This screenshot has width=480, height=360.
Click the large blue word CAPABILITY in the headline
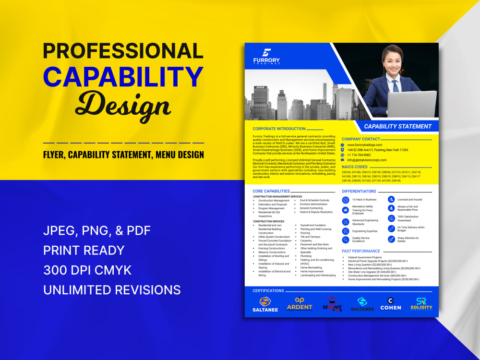coord(123,77)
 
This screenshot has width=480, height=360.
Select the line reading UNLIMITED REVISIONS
coord(112,290)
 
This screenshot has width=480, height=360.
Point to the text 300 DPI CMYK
coord(87,270)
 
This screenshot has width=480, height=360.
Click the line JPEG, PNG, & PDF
coord(97,231)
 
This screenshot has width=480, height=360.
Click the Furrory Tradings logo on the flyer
coord(266,57)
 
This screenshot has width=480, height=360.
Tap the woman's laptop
coord(412,104)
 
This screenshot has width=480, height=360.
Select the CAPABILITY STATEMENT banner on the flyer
coord(397,126)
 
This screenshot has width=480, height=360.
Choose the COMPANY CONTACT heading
coord(360,139)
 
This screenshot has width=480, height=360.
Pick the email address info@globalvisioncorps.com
coord(367,160)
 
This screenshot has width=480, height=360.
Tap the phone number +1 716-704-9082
coord(359,155)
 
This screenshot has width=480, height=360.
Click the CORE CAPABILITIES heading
coord(271,191)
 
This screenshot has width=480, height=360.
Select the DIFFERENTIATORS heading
coord(359,191)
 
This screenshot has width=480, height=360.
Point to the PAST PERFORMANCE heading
coord(361,251)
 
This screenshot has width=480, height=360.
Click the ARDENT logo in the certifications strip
coord(300,304)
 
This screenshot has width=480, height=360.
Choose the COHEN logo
coord(391,304)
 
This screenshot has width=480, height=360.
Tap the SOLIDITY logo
coord(421,304)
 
